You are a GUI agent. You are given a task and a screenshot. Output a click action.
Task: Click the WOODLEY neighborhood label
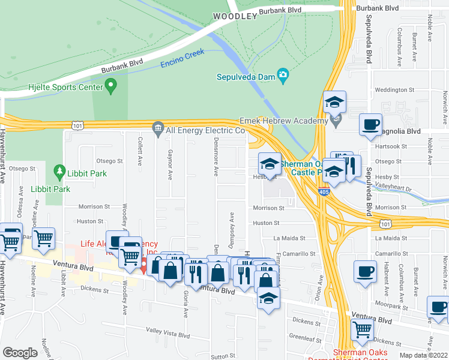[234, 17]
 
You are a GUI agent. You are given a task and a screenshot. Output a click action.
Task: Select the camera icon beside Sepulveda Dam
[283, 76]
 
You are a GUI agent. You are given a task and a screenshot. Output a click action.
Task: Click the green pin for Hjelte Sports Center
[110, 88]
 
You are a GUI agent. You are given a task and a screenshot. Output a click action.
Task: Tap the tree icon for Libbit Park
[59, 173]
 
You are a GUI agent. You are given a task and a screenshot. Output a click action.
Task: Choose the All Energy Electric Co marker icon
[158, 127]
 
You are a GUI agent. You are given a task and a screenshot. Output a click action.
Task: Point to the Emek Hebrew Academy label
[283, 121]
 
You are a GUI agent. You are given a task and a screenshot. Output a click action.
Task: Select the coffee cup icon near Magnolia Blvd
[370, 124]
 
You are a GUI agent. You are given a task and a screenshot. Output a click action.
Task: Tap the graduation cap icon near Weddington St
[334, 101]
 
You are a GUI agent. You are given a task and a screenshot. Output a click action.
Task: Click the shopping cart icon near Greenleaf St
[363, 329]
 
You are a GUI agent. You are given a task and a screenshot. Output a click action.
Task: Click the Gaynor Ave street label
[170, 163]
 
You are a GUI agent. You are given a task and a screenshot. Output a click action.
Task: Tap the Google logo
[20, 352]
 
